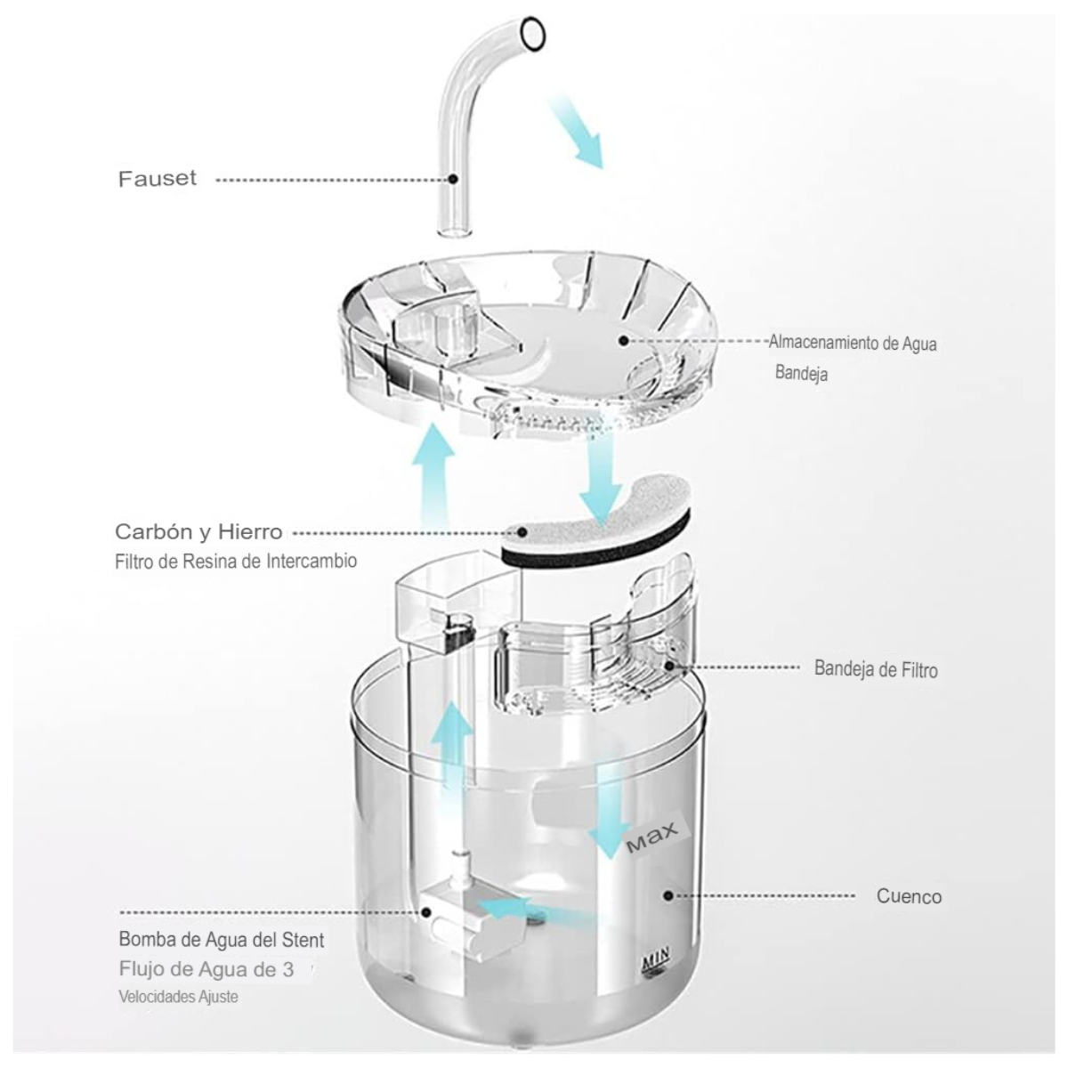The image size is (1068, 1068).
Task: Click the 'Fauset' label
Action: [158, 179]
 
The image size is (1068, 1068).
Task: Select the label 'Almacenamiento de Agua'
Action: [853, 343]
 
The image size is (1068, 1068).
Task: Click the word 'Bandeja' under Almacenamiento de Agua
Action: [801, 372]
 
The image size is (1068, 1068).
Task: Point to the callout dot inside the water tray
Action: [624, 340]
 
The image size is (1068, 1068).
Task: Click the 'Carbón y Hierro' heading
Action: [198, 532]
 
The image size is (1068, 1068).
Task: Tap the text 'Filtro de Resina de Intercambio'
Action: [236, 561]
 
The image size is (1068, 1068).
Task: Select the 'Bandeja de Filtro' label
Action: [876, 669]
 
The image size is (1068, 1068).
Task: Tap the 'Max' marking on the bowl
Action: [651, 837]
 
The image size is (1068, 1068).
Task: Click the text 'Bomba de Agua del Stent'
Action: [221, 939]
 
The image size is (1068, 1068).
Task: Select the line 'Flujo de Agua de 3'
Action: [206, 969]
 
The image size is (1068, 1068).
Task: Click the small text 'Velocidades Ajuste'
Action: [179, 997]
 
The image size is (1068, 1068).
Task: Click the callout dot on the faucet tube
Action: [453, 179]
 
